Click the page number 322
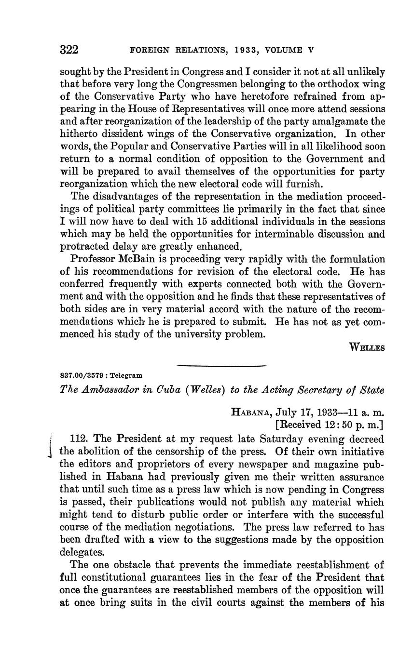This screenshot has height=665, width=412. pyautogui.click(x=69, y=50)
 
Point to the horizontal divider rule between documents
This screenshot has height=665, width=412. pyautogui.click(x=222, y=366)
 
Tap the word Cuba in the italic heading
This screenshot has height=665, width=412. pyautogui.click(x=166, y=390)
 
